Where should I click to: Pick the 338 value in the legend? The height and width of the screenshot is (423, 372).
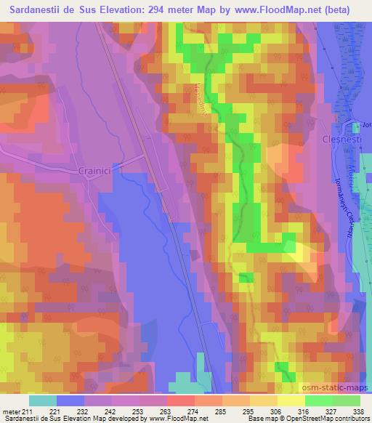pos(357,412)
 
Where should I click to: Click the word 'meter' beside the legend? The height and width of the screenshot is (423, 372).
pos(12,412)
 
